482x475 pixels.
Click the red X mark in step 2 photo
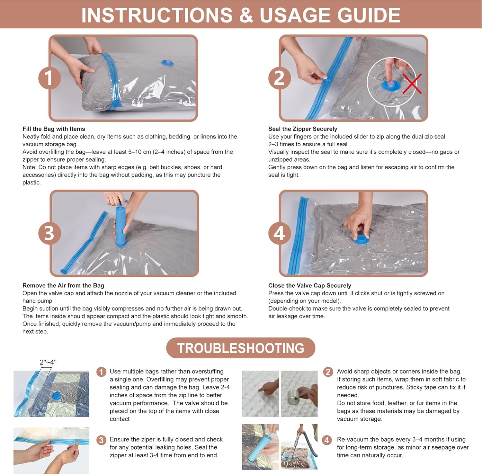click(x=412, y=84)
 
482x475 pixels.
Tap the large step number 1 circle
click(x=49, y=78)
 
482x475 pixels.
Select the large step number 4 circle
click(x=280, y=233)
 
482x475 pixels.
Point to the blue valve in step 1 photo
click(x=167, y=62)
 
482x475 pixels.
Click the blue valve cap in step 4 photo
click(x=361, y=239)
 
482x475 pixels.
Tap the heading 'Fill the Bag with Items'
click(x=54, y=129)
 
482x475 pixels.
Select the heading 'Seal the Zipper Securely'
click(x=303, y=129)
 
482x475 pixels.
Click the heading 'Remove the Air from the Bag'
click(x=63, y=285)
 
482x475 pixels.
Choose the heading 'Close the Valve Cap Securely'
click(x=310, y=285)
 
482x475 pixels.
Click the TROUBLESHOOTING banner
click(x=241, y=348)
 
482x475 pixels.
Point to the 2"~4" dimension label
click(x=48, y=362)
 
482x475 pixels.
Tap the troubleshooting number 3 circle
click(x=101, y=440)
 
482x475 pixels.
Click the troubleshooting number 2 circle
click(x=328, y=372)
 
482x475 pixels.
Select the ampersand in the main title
click(x=246, y=15)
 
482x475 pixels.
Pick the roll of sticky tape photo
click(x=299, y=394)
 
